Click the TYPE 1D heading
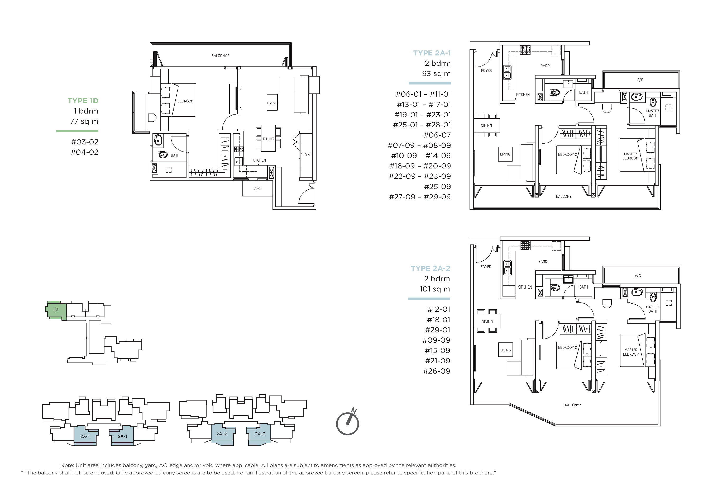[83, 101]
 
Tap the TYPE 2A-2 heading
[431, 268]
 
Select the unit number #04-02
[84, 152]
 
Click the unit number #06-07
[437, 135]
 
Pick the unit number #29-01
[438, 330]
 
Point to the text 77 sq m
[84, 121]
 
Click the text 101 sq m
[435, 289]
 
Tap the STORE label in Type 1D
[306, 155]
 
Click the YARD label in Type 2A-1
[545, 66]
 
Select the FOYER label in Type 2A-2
[486, 267]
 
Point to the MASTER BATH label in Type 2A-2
[652, 309]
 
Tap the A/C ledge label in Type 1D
[257, 189]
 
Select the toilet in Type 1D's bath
[163, 154]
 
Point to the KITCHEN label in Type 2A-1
[523, 95]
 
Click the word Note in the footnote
[67, 465]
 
